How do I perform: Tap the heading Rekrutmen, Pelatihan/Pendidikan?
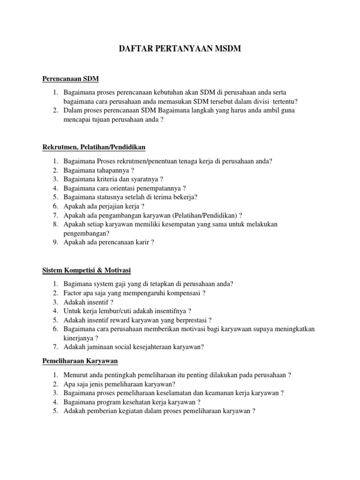[x=94, y=147]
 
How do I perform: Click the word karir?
[x=142, y=242]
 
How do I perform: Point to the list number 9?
[x=54, y=242]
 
